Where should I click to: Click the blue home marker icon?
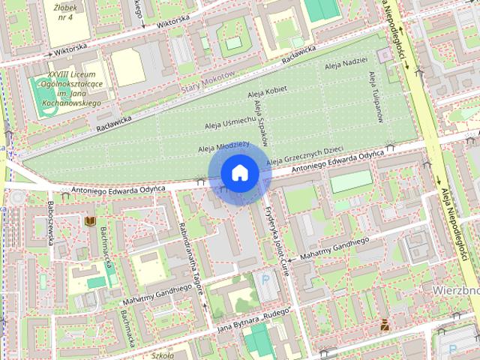pos(239,172)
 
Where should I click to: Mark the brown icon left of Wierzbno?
pos(385,324)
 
